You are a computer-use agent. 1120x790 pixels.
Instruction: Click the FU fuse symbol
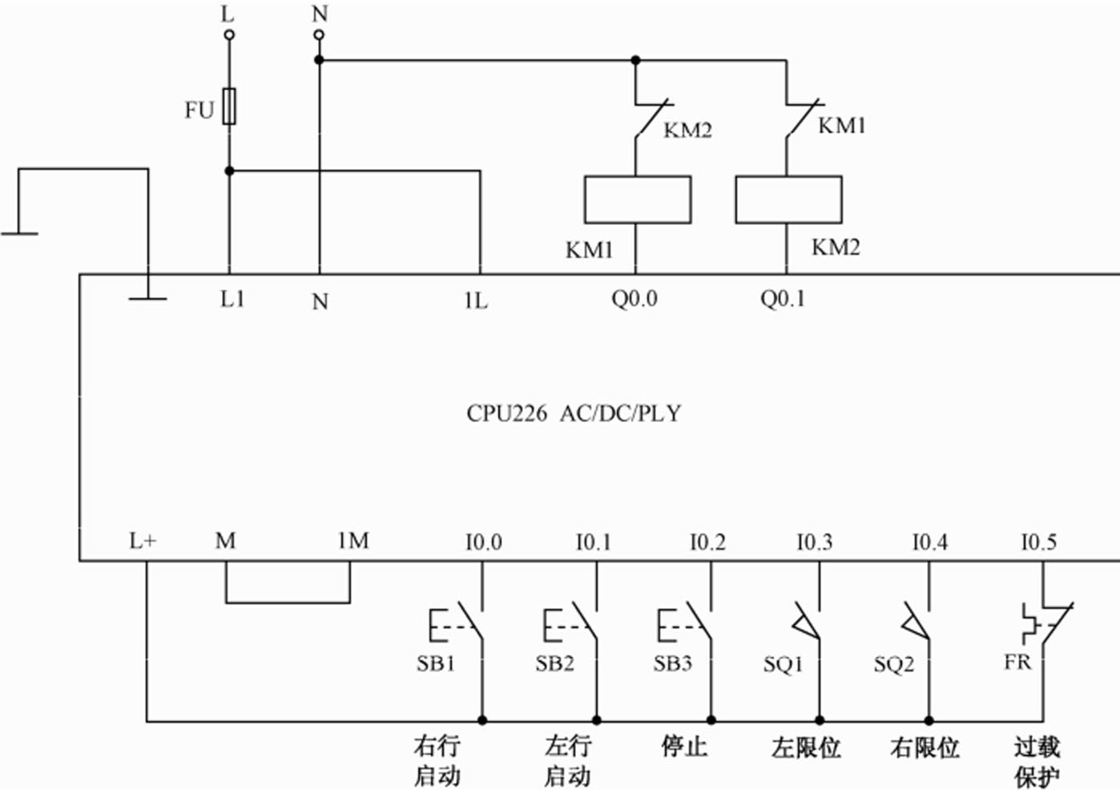[229, 106]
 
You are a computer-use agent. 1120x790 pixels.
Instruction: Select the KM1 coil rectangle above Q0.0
[637, 200]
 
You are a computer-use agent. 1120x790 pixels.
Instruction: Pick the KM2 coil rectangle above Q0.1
[788, 200]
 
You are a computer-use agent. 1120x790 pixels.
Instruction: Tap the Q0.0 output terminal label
[634, 299]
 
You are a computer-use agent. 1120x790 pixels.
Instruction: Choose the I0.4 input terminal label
[929, 542]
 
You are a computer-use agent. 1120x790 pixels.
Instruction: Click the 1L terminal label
[475, 300]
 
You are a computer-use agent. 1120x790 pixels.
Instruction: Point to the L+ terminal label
[143, 541]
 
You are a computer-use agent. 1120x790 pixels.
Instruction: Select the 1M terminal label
[353, 541]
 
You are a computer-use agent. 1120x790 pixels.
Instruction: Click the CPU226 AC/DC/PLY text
[574, 413]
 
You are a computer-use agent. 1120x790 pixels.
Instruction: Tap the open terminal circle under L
[229, 34]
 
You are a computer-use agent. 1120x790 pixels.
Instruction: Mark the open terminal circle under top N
[319, 34]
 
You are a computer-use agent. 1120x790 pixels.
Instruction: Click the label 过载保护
[1037, 761]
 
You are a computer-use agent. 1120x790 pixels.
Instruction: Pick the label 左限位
[806, 748]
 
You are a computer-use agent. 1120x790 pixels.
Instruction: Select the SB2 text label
[554, 663]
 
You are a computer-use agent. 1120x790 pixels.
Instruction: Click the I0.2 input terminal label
[707, 542]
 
